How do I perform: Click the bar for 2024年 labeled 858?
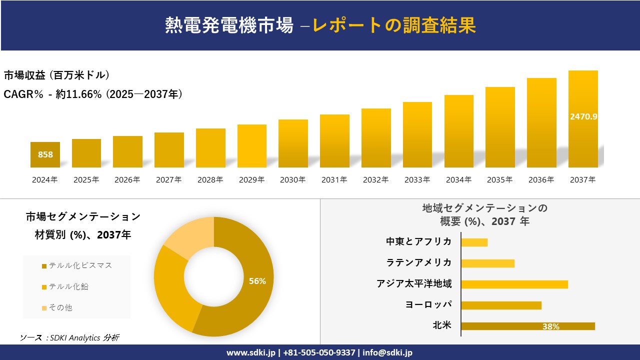click(45, 154)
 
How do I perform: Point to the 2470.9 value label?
click(583, 116)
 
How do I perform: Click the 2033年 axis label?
click(417, 180)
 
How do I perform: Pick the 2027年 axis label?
click(168, 180)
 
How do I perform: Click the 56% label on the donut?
click(257, 281)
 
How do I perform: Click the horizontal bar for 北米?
click(527, 326)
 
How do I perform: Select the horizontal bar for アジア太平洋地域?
click(514, 284)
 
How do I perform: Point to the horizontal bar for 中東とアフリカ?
click(474, 242)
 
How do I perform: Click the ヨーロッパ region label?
click(428, 304)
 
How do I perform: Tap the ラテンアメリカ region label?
click(418, 262)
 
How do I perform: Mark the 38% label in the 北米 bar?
click(550, 326)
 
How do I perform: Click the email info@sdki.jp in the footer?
click(387, 352)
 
